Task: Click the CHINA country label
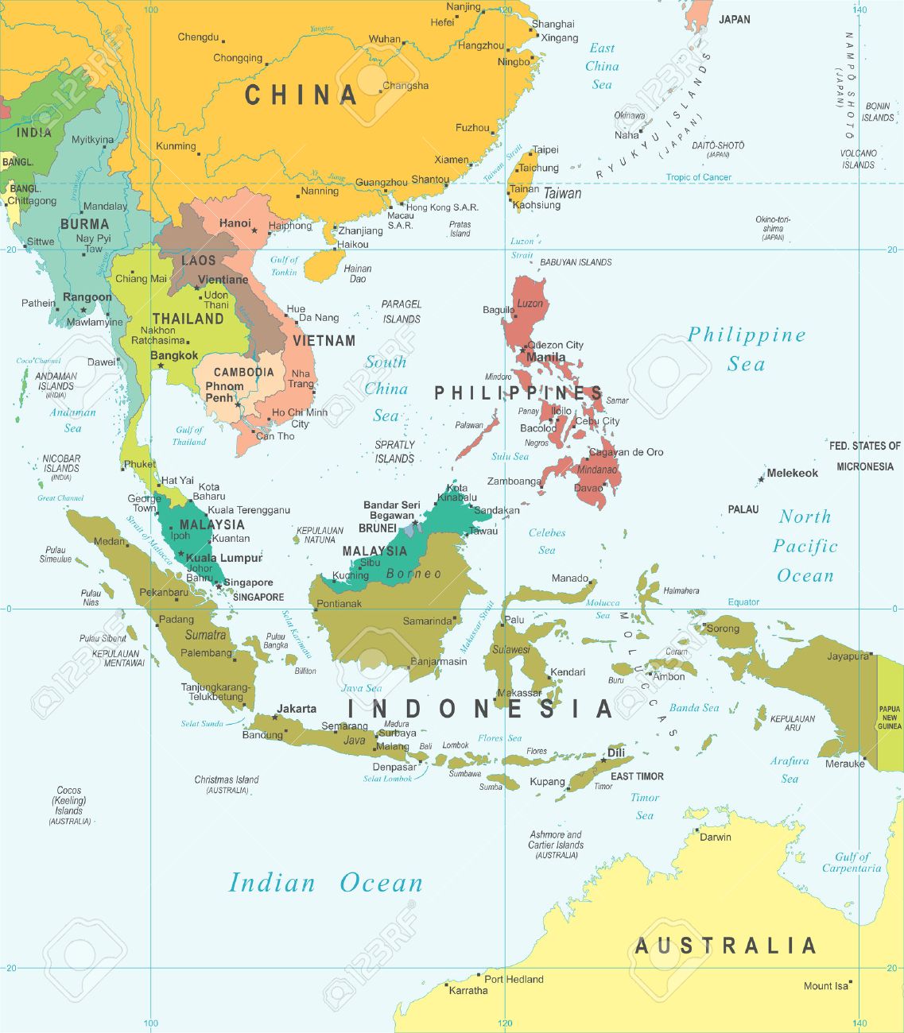point(301,95)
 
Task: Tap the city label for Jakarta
point(297,708)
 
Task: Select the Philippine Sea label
point(747,349)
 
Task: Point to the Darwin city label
point(715,837)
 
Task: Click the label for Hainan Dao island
point(359,273)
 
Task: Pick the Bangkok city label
point(174,355)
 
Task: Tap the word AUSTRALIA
point(725,946)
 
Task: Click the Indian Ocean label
point(325,883)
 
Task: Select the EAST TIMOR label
point(637,776)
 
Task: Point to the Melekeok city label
point(792,473)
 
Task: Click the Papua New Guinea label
point(890,718)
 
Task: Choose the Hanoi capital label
point(235,223)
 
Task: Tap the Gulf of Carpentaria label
point(852,862)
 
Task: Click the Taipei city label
point(545,149)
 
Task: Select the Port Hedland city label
point(514,979)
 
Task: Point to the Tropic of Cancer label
point(698,177)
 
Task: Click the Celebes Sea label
point(547,541)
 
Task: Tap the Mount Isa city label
point(825,986)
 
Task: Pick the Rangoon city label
point(87,297)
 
